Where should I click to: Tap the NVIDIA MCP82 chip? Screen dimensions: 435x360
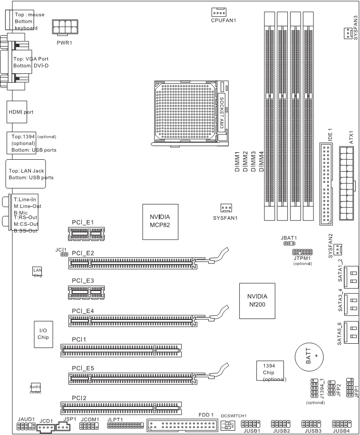160,220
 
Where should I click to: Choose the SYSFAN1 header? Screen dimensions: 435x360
226,208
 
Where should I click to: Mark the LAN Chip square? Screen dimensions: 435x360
37,271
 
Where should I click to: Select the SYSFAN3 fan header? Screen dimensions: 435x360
346,33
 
